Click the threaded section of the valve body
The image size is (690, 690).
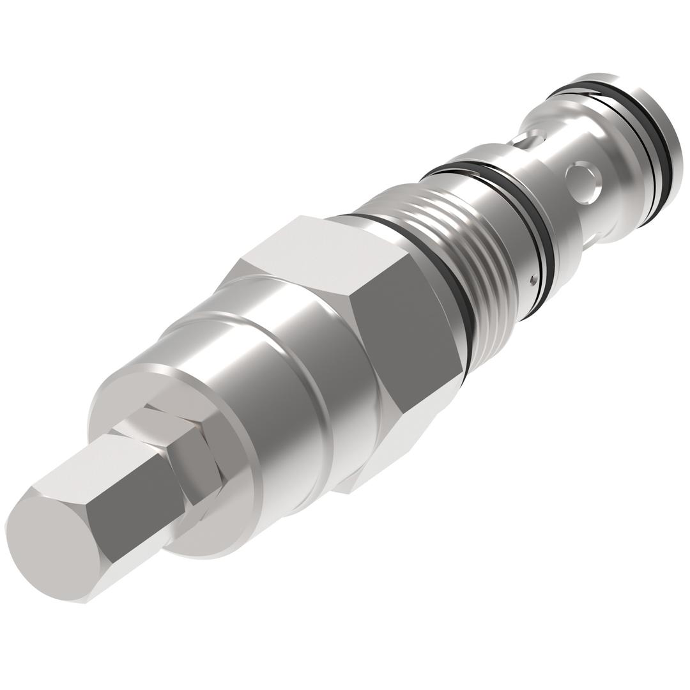(466, 256)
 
